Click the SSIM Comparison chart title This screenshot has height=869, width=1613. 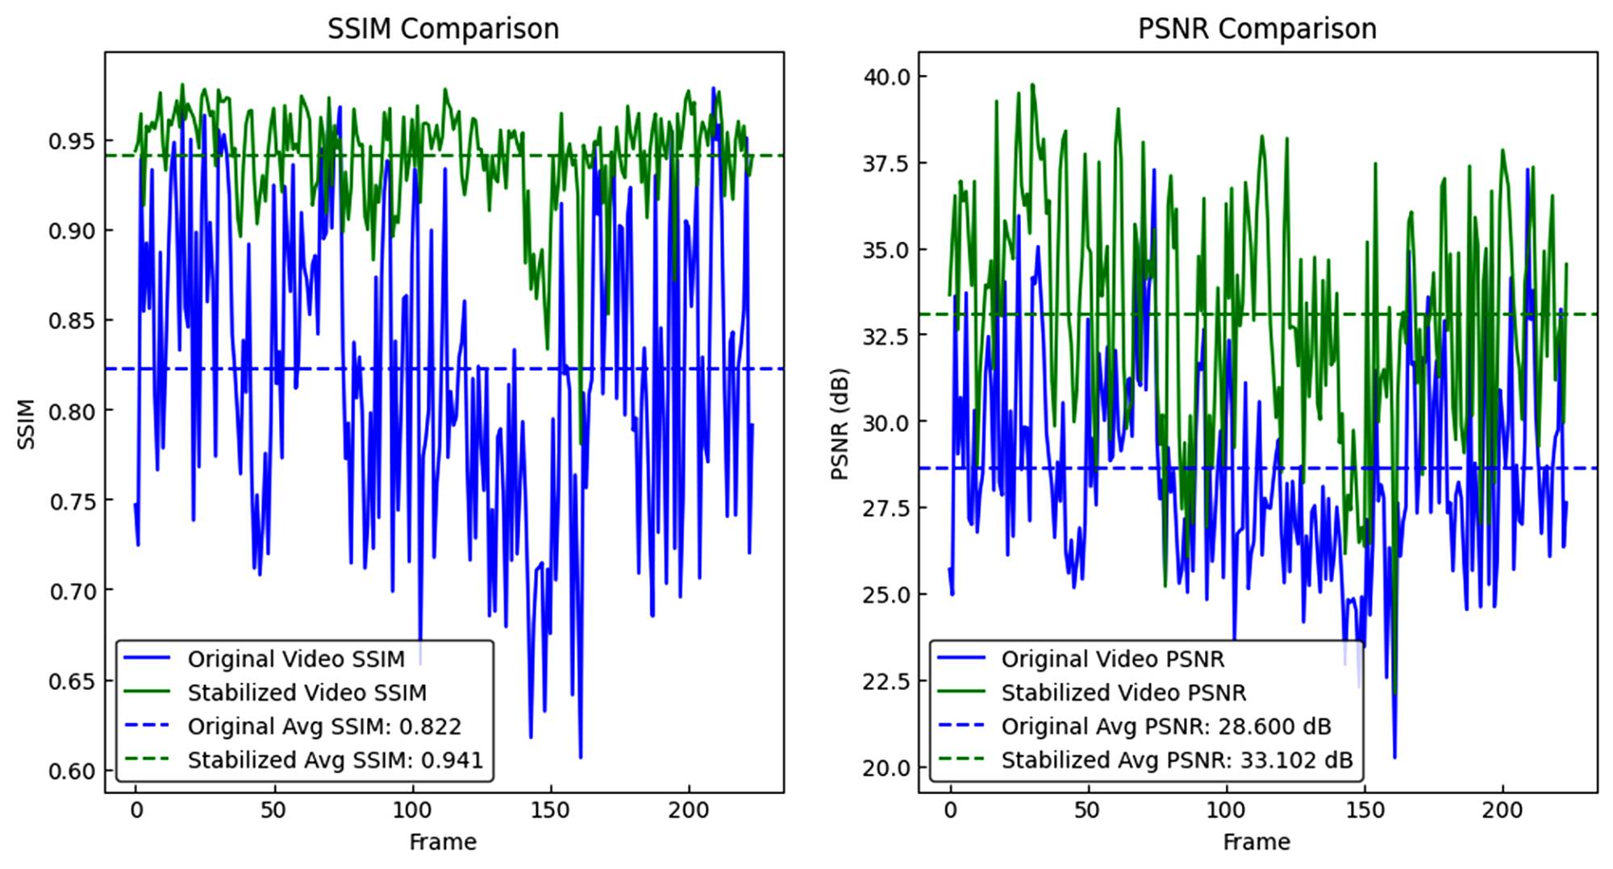coord(443,29)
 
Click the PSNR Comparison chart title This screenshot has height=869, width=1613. coord(1257,29)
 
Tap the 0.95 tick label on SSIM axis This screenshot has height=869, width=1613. coord(71,142)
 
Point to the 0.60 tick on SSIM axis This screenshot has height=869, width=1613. coord(71,771)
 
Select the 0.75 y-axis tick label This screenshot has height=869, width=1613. coord(71,501)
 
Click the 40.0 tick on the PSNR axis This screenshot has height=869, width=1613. coord(885,77)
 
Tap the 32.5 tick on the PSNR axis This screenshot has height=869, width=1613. coord(885,336)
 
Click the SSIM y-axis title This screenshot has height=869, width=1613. coord(27,424)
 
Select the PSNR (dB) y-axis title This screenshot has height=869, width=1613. coord(840,424)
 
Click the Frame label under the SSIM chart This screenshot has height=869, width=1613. coord(443,842)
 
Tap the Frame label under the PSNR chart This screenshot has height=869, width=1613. coord(1257,842)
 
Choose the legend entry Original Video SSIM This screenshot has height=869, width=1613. coord(296,659)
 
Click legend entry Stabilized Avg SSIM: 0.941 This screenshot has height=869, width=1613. coord(335,760)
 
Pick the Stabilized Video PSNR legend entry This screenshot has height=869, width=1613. coord(1123,693)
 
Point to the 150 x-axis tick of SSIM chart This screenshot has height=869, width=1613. coord(551,810)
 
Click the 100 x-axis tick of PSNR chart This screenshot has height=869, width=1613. coord(1227,810)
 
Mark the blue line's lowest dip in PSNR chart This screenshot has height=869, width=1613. coord(1395,757)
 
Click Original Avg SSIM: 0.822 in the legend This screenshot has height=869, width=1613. coord(324,726)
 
